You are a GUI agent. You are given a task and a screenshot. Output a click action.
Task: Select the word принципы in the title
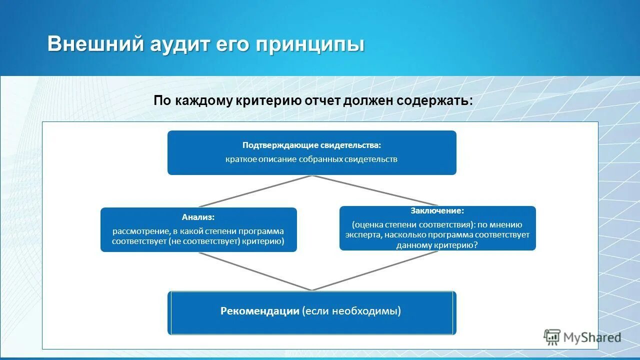[x=310, y=44]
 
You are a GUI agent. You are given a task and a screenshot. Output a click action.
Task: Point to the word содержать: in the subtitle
[x=435, y=100]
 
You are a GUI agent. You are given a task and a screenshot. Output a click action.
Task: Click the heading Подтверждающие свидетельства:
[x=311, y=145]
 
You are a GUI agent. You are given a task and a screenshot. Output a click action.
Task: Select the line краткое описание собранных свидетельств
[x=311, y=159]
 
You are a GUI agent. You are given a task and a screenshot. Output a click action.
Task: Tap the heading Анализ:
[x=198, y=217]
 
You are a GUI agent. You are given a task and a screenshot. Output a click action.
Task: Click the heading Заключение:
[x=437, y=211]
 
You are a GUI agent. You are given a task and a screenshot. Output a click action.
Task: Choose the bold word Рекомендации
[x=259, y=311]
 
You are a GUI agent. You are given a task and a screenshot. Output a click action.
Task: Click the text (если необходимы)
[x=352, y=311]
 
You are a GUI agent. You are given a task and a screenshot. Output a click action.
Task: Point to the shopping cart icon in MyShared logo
[x=552, y=337]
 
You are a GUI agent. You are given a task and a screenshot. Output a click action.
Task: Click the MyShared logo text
[x=592, y=338]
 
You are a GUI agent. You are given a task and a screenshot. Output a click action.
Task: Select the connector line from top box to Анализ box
[x=255, y=191]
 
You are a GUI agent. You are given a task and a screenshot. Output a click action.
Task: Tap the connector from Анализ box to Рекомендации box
[x=255, y=271]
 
